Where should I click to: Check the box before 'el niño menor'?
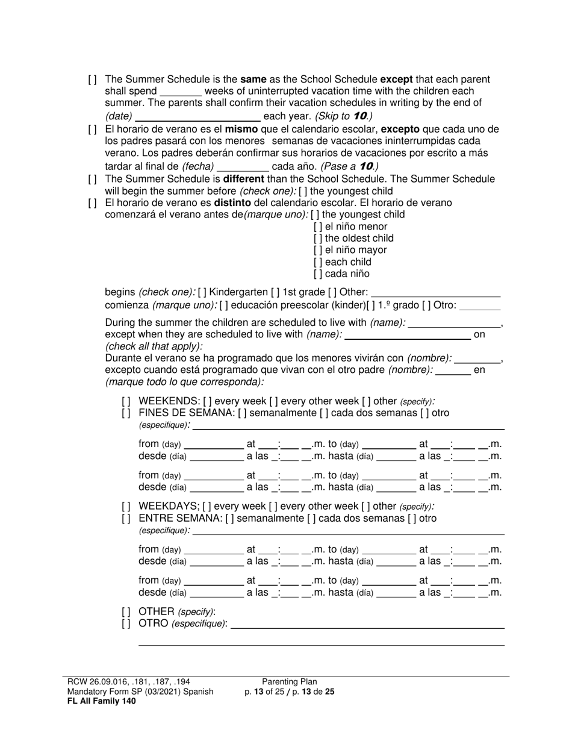(318, 227)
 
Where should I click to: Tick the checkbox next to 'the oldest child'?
(318, 239)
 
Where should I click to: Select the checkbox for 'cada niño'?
(318, 274)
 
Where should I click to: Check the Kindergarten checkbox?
(202, 293)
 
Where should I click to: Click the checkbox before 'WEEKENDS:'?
(126, 401)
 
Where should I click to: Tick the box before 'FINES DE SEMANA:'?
(126, 413)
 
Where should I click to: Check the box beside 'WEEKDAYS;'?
(126, 507)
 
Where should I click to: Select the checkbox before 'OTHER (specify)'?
(126, 611)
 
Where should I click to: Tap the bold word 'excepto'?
(400, 130)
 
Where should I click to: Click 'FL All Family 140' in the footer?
(102, 701)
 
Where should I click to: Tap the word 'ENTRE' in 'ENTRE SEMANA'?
(154, 519)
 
